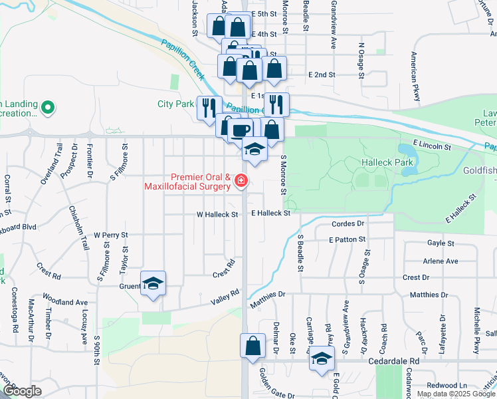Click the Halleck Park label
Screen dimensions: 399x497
[387, 162]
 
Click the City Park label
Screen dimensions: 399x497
[175, 103]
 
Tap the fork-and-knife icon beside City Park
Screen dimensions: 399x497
[208, 106]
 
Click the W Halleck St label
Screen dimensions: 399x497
[217, 215]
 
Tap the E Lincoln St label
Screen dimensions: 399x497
[431, 144]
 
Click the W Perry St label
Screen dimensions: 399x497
[110, 235]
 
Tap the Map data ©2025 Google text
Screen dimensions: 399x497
[455, 394]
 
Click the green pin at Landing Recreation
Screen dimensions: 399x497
[48, 106]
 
